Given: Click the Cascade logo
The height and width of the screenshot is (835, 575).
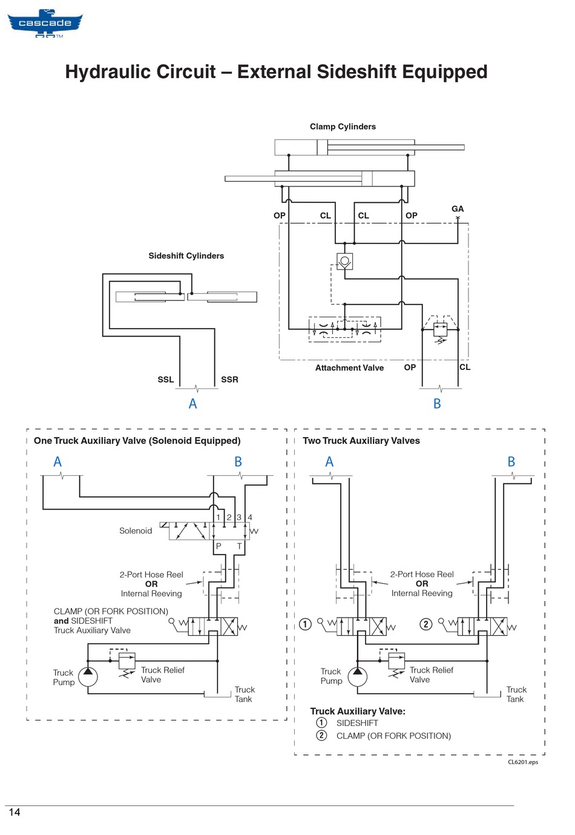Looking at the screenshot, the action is tap(45, 24).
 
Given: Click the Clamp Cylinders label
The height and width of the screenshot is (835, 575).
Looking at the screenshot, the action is tap(343, 127).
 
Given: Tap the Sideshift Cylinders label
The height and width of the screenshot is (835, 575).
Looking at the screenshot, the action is tap(186, 256).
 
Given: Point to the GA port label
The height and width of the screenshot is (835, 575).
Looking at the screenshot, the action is tap(457, 209).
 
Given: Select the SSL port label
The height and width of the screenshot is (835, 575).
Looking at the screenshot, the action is tap(165, 380).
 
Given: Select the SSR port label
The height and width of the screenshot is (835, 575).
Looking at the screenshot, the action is tap(229, 380).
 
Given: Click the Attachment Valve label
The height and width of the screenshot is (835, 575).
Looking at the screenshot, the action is tap(349, 368).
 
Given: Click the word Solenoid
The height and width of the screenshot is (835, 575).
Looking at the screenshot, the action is tap(135, 530).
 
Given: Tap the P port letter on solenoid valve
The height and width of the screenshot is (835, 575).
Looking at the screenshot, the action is tap(218, 546).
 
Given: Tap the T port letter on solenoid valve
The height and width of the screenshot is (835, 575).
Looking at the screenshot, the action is tap(239, 546).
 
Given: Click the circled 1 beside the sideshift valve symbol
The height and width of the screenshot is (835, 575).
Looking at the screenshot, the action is tap(305, 624).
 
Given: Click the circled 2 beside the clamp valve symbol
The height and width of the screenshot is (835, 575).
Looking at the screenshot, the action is tap(426, 624).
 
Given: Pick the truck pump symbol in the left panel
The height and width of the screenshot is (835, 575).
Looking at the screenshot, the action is tap(88, 677).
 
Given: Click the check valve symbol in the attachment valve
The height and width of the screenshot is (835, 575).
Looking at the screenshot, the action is tap(345, 261).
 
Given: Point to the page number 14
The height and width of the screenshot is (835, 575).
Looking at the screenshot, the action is tap(14, 812).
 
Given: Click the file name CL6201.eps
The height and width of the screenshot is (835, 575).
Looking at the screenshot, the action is tap(523, 762).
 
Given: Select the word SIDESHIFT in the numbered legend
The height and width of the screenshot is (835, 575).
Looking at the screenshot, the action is tap(357, 723).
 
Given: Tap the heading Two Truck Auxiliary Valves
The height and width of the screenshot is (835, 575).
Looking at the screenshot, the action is tap(361, 441).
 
